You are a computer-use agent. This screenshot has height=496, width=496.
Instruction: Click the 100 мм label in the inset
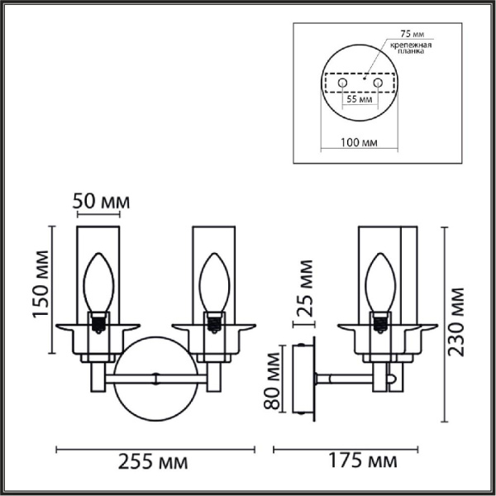click(x=359, y=142)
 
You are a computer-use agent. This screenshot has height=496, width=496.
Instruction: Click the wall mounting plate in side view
click(x=303, y=380)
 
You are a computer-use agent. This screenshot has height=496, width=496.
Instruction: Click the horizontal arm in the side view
click(x=347, y=379)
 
